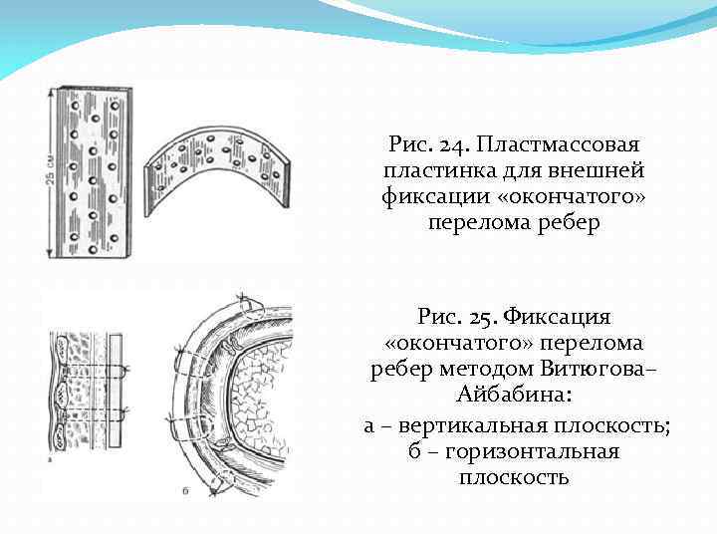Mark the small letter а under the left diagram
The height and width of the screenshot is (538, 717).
coord(51,461)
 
